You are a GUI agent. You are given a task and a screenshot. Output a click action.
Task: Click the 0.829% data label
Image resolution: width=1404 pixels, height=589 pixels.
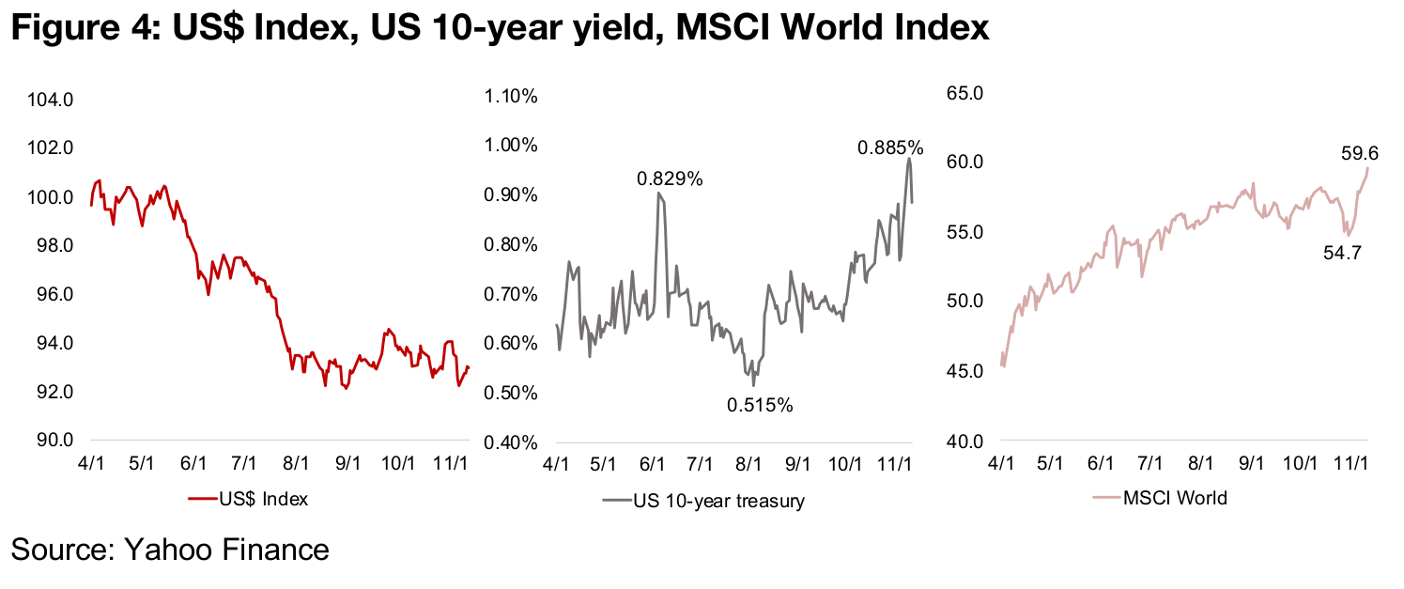[x=670, y=178]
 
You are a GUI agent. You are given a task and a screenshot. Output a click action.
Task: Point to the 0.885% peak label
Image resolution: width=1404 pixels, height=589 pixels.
[x=890, y=147]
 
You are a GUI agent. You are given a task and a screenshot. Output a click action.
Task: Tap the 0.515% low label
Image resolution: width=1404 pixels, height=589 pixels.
[x=760, y=406]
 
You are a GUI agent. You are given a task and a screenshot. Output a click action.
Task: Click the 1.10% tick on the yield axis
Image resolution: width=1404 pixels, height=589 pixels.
[x=510, y=96]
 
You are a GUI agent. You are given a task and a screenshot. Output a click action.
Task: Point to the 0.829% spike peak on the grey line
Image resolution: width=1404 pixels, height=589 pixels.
[x=659, y=194]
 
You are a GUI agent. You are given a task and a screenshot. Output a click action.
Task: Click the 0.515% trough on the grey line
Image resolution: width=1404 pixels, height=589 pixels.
[x=754, y=384]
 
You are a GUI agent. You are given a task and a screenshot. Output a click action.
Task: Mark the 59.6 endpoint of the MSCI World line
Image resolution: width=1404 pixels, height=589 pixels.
[x=1368, y=169]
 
